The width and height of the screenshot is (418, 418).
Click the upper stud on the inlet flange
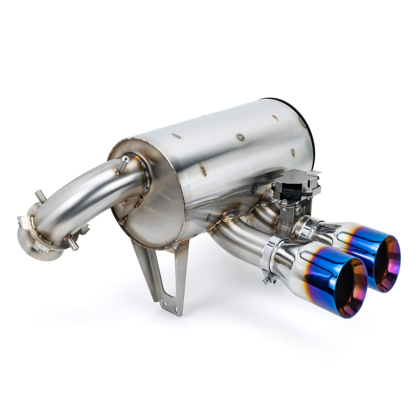(40, 196)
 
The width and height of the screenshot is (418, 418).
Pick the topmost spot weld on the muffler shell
(276, 118)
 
